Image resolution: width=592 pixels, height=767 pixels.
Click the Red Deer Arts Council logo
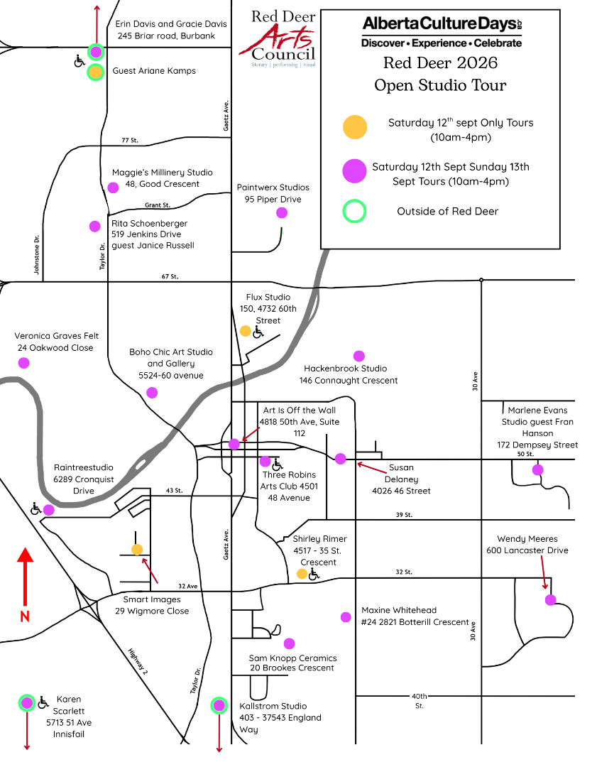[278, 38]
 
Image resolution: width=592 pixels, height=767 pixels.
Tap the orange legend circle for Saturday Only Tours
[355, 127]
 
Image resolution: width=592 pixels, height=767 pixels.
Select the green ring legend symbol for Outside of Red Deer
[354, 212]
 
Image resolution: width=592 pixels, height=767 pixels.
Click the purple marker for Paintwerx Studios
[282, 213]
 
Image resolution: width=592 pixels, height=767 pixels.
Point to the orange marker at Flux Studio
[246, 331]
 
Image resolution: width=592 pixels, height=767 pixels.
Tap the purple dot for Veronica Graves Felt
[23, 363]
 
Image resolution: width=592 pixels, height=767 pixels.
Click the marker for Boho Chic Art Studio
[152, 393]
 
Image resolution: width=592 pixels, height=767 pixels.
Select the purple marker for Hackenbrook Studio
[358, 356]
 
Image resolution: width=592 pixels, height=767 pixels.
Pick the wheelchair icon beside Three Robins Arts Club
[277, 463]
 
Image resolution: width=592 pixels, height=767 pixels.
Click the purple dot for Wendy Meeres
[550, 600]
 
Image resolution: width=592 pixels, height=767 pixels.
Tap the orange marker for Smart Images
[137, 549]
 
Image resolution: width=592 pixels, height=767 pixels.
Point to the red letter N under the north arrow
[25, 616]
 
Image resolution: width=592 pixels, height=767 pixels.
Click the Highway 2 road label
[138, 661]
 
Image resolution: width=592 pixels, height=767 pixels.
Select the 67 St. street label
[170, 276]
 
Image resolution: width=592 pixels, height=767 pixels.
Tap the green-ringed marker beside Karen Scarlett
[27, 703]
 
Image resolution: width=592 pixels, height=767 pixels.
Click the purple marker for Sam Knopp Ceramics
[290, 643]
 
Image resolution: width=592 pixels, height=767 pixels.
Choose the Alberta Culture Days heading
[442, 23]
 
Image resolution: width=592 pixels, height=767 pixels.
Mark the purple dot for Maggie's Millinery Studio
[113, 187]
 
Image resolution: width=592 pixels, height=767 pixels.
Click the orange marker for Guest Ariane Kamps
[96, 72]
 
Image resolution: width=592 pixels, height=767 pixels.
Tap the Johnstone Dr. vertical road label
[37, 255]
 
